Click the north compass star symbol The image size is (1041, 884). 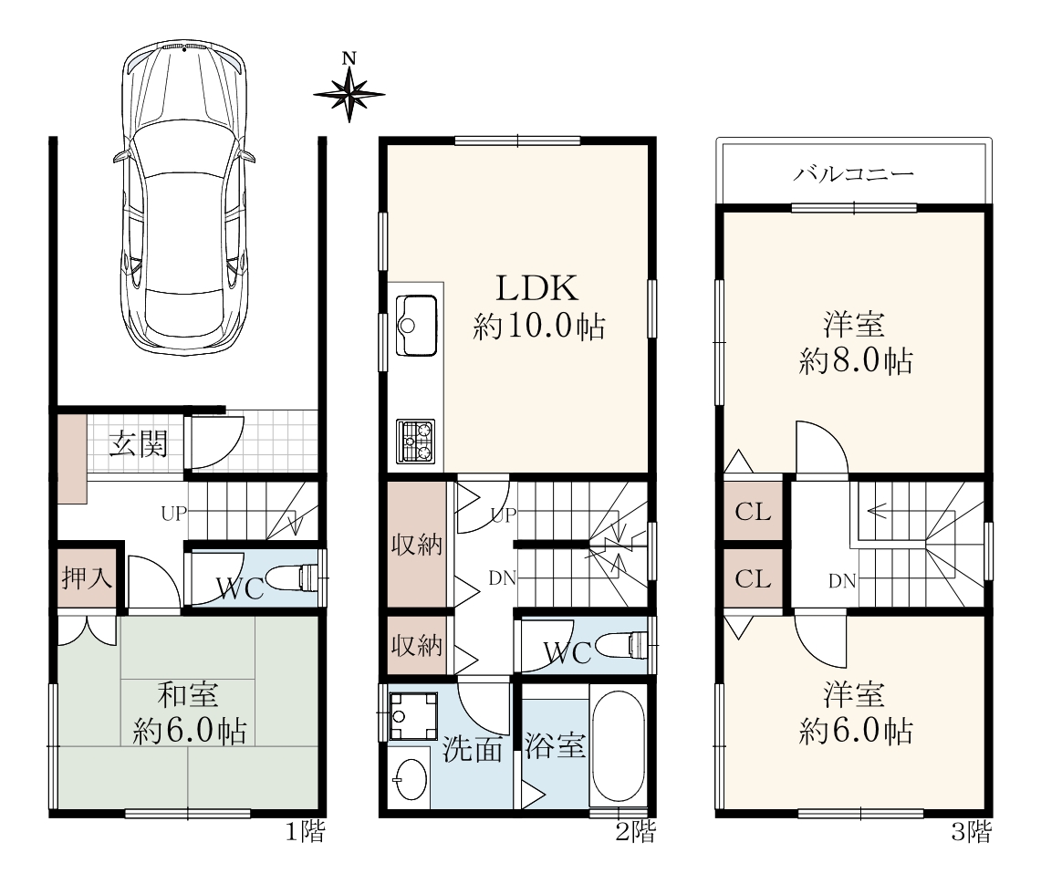[349, 94]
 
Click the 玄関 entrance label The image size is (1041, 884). [139, 443]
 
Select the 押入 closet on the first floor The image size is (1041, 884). [87, 577]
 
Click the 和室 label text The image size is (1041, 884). [188, 694]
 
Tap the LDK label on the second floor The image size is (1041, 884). [537, 288]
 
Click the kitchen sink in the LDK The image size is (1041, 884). [416, 325]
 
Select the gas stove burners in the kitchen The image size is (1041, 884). [416, 442]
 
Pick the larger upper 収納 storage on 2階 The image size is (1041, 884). [417, 545]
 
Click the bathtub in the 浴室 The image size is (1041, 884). [618, 746]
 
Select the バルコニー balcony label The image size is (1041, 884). [854, 174]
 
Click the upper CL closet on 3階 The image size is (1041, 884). [753, 512]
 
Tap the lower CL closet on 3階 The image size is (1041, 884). [753, 578]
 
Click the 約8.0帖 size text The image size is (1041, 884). [855, 361]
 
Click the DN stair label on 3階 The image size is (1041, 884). [842, 581]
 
